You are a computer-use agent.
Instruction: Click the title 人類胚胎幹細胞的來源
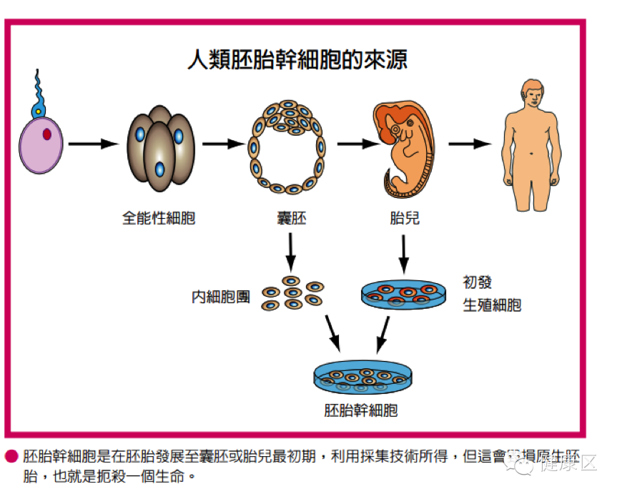pos(297,59)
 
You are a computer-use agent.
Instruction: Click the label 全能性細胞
pos(159,218)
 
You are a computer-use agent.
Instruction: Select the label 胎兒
pos(405,218)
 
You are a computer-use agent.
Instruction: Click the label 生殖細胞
pos(492,305)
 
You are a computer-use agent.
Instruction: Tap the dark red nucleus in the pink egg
pos(47,134)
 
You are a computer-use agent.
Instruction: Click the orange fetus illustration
pos(405,147)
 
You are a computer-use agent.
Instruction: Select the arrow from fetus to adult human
pos(470,144)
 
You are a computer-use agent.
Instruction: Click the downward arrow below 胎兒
pos(404,254)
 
